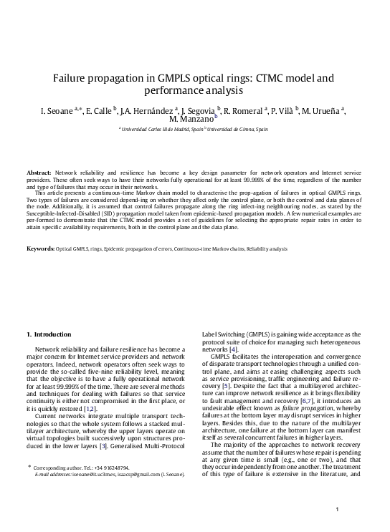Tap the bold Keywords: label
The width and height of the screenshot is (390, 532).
[41, 248]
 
